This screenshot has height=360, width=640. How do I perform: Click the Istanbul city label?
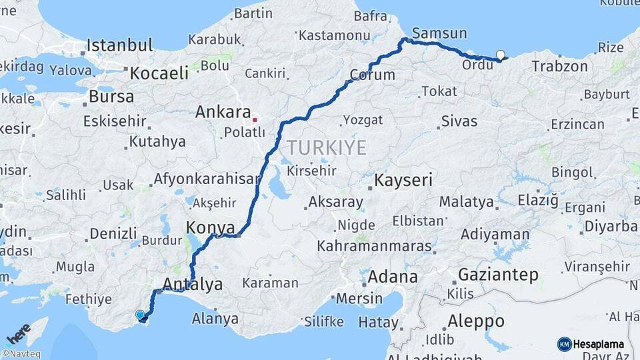tap(119, 46)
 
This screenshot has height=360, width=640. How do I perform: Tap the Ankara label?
tap(223, 112)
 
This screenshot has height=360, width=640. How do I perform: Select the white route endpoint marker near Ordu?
tap(501, 55)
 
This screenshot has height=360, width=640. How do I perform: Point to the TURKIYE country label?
tap(327, 147)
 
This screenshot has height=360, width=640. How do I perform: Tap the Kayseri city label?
tap(403, 180)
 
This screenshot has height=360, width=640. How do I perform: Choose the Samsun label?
tap(439, 33)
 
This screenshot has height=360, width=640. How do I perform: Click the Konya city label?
tap(211, 227)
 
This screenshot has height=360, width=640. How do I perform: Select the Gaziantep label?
tap(499, 275)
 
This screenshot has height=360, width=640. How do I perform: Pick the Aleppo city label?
tap(475, 321)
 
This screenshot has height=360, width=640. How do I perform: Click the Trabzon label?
tap(560, 67)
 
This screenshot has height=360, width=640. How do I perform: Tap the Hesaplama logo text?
tap(598, 344)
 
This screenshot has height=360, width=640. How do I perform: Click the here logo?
tap(18, 333)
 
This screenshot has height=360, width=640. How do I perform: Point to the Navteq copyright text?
tap(21, 354)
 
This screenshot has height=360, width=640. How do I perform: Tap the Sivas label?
tap(459, 121)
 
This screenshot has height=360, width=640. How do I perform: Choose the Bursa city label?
tap(111, 96)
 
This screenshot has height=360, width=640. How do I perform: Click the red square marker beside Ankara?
tap(254, 120)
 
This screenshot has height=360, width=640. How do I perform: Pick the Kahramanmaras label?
tap(374, 246)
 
